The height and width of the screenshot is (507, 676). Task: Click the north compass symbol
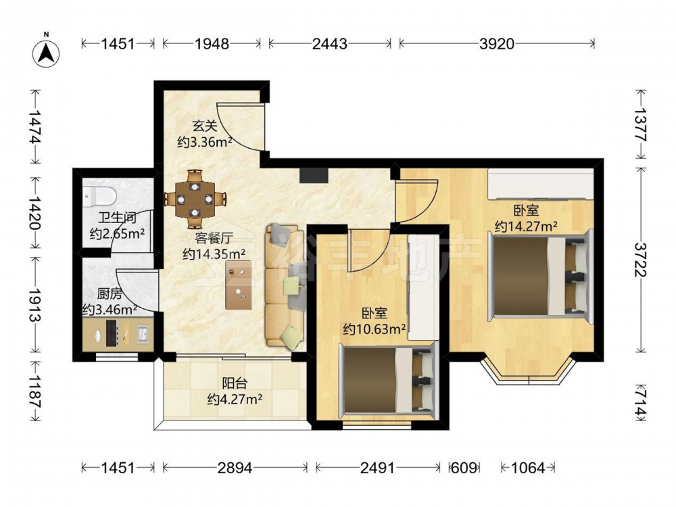[47, 52]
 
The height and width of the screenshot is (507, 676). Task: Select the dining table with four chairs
[195, 199]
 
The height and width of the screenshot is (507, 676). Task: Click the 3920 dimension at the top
[497, 43]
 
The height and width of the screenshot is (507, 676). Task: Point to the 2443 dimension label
[329, 43]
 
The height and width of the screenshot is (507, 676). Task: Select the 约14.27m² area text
[526, 226]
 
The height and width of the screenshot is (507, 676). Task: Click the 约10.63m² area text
[375, 329]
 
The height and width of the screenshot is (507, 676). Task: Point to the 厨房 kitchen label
[110, 294]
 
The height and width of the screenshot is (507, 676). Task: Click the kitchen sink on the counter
[143, 333]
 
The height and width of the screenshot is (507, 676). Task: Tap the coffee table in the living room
[239, 285]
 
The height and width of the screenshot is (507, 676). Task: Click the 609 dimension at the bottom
[464, 467]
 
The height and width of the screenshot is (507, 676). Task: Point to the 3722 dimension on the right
[641, 260]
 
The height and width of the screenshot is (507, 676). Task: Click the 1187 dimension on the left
[35, 392]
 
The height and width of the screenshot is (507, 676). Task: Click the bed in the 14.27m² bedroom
[540, 276]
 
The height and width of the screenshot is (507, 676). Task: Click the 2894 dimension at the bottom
[235, 467]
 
